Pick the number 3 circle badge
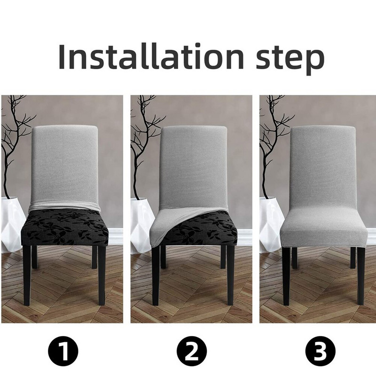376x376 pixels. [x=320, y=351]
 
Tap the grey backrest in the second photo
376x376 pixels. [x=193, y=160]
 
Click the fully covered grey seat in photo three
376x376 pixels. [x=322, y=230]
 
